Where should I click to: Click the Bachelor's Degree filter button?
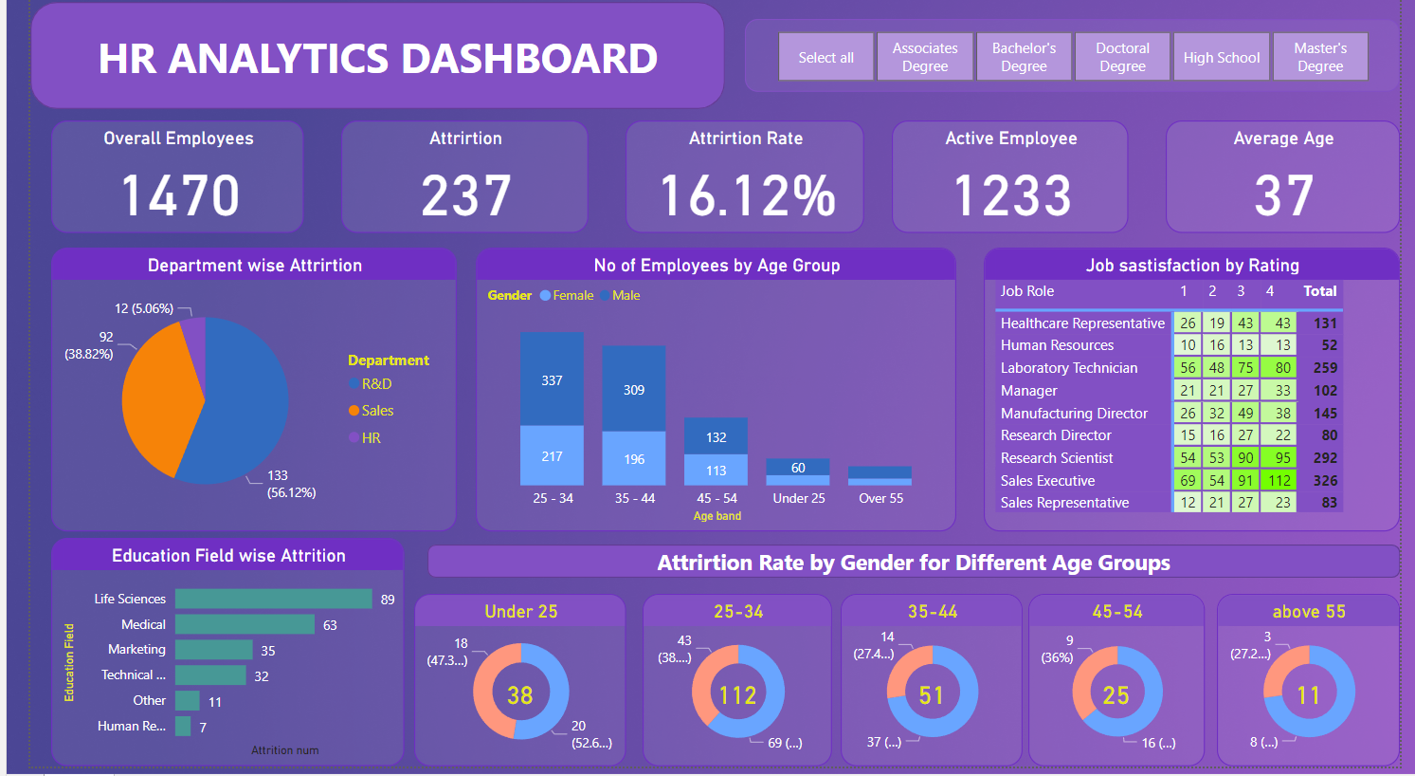(x=1024, y=57)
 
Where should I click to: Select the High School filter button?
(x=1221, y=57)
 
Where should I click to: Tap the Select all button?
(x=825, y=57)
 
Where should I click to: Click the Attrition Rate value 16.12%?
(x=747, y=195)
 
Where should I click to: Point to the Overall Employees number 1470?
(x=180, y=195)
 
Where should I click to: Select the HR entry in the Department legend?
(x=371, y=438)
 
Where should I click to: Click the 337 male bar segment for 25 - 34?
(x=552, y=379)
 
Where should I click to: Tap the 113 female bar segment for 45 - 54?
(x=716, y=470)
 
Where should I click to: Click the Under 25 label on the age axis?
(x=798, y=498)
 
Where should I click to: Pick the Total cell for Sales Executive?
(x=1325, y=481)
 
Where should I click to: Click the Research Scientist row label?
(x=1057, y=458)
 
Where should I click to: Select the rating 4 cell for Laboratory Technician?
(x=1282, y=368)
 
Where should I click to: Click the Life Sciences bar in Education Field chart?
(x=273, y=599)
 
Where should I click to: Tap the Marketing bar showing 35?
(x=213, y=650)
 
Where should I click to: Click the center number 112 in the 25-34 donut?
(x=737, y=695)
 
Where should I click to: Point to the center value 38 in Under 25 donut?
(x=519, y=695)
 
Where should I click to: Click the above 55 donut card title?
(x=1308, y=612)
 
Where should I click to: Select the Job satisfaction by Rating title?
(x=1192, y=266)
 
